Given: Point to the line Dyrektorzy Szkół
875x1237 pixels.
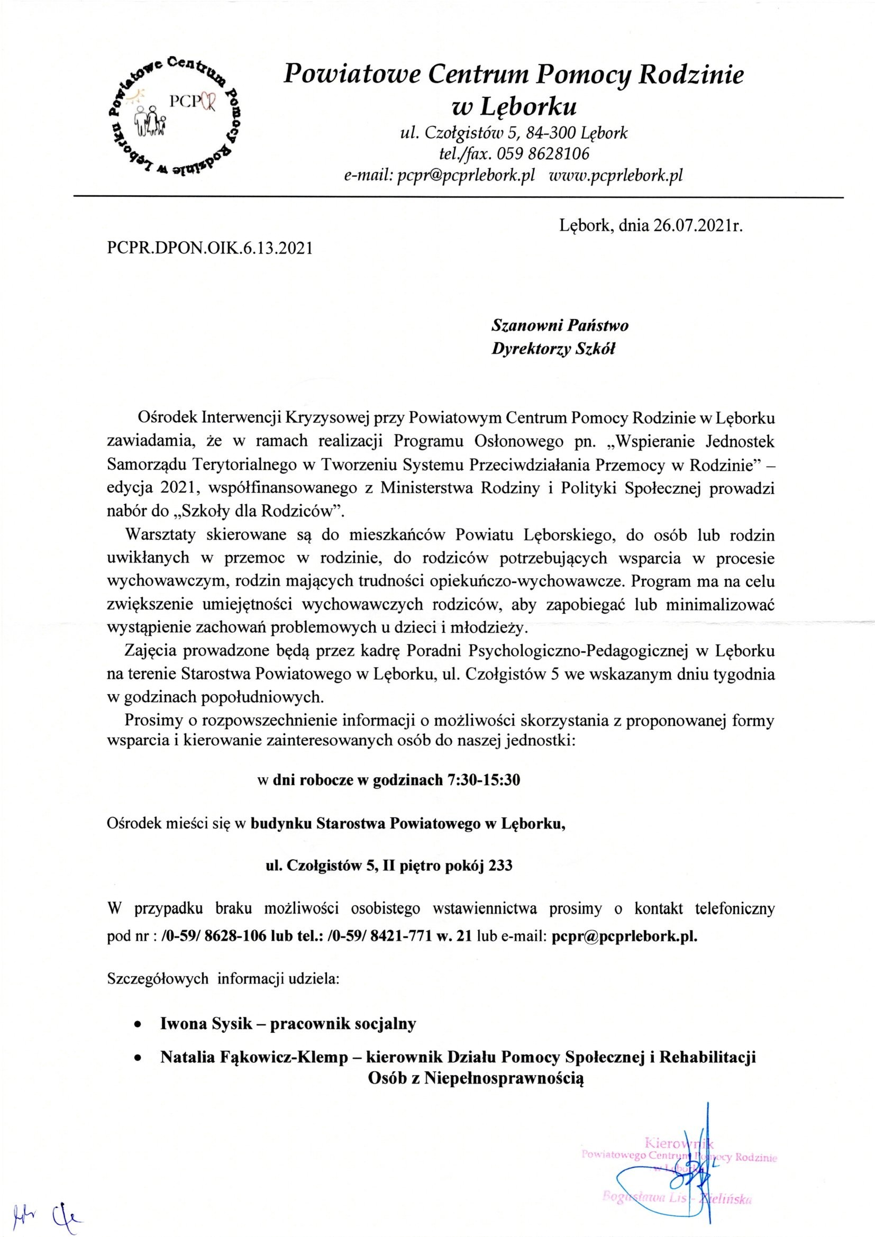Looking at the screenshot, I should pyautogui.click(x=553, y=350).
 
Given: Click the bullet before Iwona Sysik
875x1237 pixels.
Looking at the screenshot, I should pyautogui.click(x=139, y=1025).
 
